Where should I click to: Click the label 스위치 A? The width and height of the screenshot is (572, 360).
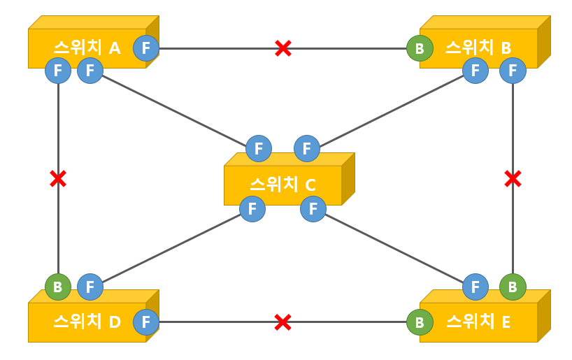coord(87,48)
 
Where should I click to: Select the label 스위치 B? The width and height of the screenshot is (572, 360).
coord(478,48)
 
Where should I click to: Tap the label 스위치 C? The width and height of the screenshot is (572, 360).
coord(283,185)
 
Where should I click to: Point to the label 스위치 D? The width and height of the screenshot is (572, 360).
coord(87,322)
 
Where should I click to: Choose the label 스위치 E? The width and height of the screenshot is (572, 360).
coord(478,322)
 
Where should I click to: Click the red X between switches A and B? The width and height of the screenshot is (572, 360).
coord(283,48)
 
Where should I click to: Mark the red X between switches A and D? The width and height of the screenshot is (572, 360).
coord(58,179)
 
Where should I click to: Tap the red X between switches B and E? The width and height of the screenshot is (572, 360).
coord(513,179)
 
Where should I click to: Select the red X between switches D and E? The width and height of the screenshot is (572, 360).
coord(283,322)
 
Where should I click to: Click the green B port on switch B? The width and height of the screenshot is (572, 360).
coord(420,48)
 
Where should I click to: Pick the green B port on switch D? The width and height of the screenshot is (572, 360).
coord(58,287)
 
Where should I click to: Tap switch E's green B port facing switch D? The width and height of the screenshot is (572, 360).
coord(420,322)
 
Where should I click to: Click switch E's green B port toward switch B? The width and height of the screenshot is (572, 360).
coord(513,287)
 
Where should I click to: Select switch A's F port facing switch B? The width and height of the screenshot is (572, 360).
coord(146,48)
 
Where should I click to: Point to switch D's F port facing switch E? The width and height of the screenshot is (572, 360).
coord(146,322)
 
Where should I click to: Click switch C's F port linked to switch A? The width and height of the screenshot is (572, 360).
coord(259,148)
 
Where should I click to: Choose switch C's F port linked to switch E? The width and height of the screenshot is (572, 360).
coord(313,208)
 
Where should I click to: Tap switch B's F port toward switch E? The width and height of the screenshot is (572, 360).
coord(513,70)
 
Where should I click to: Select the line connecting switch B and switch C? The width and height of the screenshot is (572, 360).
coord(392,109)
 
